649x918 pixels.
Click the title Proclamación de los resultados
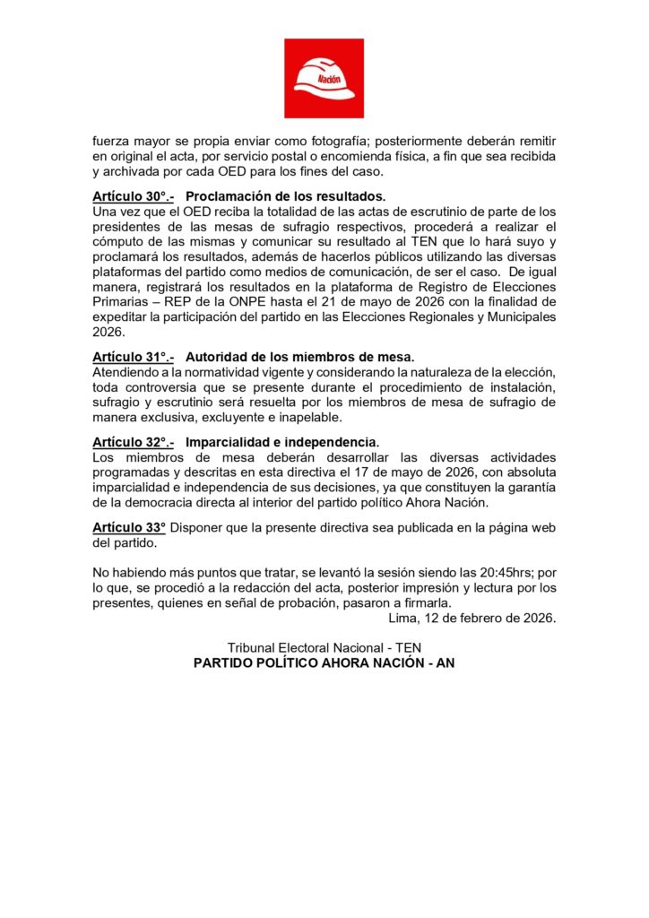285,196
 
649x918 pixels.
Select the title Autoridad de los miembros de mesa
300,357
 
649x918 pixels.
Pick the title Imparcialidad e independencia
282,443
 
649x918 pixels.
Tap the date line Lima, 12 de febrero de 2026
472,618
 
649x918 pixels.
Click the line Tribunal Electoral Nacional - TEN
324,648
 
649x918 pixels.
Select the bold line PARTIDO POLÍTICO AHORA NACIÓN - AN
324,664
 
